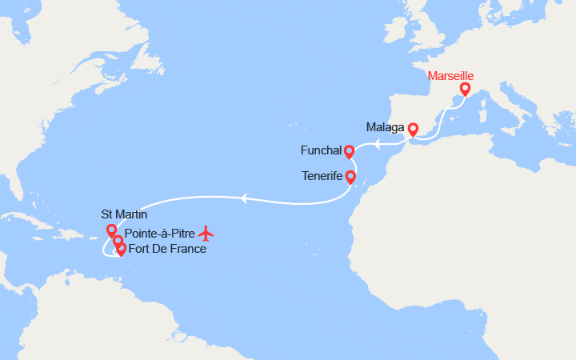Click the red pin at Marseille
(x=464, y=89)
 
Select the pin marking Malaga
(x=413, y=128)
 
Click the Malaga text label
(x=385, y=127)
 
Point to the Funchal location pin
(x=349, y=150)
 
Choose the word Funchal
(x=321, y=150)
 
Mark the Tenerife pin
(x=350, y=176)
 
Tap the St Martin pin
(x=111, y=230)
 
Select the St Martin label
(x=124, y=214)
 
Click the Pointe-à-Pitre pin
(x=118, y=240)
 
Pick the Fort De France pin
(x=121, y=248)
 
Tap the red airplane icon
(x=207, y=233)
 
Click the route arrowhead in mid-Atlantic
(x=244, y=196)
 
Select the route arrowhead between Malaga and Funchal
(x=378, y=143)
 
